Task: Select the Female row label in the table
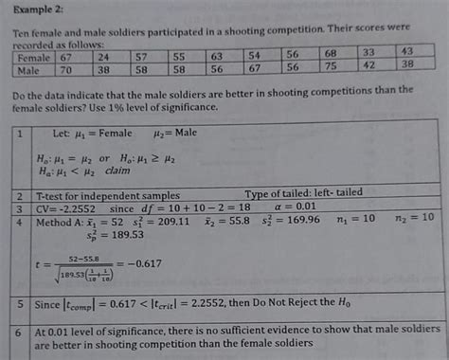coord(33,57)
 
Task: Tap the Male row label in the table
coord(29,69)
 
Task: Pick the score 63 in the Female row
coord(217,55)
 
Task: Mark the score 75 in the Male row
coord(330,65)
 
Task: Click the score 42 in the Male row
coord(368,64)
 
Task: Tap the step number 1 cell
coord(20,134)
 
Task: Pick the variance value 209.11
coord(188,221)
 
